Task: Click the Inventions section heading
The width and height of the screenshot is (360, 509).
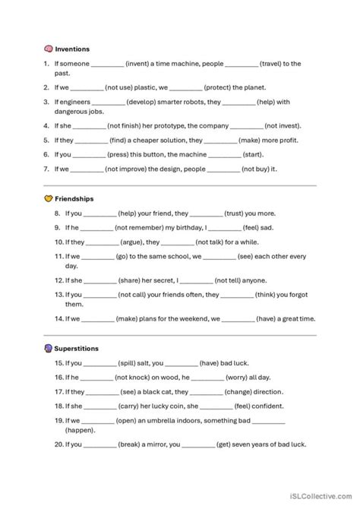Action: (72, 49)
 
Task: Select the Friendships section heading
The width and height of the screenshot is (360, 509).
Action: (74, 199)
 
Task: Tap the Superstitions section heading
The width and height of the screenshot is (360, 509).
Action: (78, 348)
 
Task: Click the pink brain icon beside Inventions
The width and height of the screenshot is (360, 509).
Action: (49, 49)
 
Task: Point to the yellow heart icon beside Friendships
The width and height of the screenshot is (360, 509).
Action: (49, 199)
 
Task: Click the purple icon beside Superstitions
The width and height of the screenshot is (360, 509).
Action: (49, 348)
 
